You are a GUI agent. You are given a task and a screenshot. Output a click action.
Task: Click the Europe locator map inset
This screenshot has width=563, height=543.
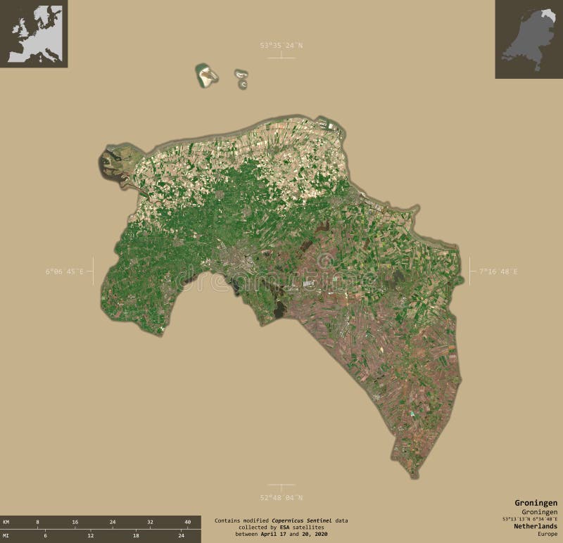coord(34,34)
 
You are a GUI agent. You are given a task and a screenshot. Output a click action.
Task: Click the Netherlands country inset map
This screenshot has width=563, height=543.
coord(528,39)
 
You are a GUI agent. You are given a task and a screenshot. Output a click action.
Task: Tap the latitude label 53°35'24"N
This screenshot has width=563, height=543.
coord(281,46)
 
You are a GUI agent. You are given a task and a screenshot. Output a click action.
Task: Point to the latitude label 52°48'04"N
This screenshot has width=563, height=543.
coord(281,497)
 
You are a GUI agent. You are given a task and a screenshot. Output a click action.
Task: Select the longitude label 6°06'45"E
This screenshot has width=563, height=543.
coord(65,271)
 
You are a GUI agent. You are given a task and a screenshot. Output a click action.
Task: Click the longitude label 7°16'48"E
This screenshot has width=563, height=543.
coord(498,271)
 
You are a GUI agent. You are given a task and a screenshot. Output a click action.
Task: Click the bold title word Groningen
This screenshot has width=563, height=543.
coord(536,504)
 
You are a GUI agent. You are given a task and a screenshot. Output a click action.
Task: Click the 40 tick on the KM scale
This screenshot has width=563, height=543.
coord(187,522)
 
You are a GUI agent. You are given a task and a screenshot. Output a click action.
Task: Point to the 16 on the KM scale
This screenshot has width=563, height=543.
coord(75,522)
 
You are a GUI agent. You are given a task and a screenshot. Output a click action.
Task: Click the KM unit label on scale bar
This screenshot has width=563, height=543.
coord(6,522)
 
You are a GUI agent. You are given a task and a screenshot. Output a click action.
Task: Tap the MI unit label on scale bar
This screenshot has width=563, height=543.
coord(6,536)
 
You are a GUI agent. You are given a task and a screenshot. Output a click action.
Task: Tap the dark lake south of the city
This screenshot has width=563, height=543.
coord(279,307)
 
